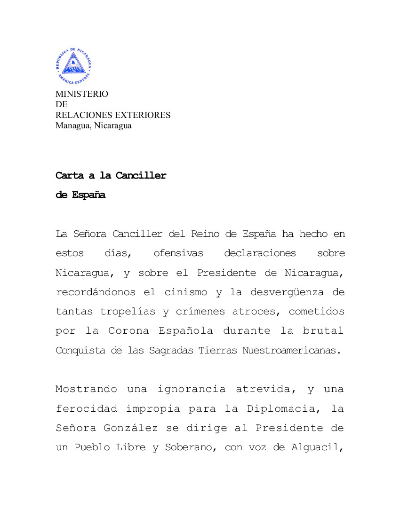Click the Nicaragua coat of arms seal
coord(74,66)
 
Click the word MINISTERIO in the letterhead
coord(82,94)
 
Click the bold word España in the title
coord(88,195)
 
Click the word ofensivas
coord(178,253)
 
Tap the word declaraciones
coord(260,253)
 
